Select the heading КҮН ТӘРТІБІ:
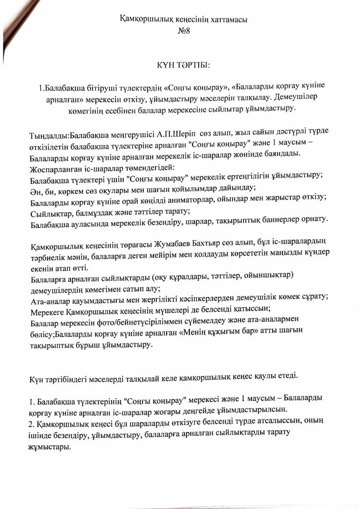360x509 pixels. [x=180, y=65]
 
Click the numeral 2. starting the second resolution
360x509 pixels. [x=32, y=422]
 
